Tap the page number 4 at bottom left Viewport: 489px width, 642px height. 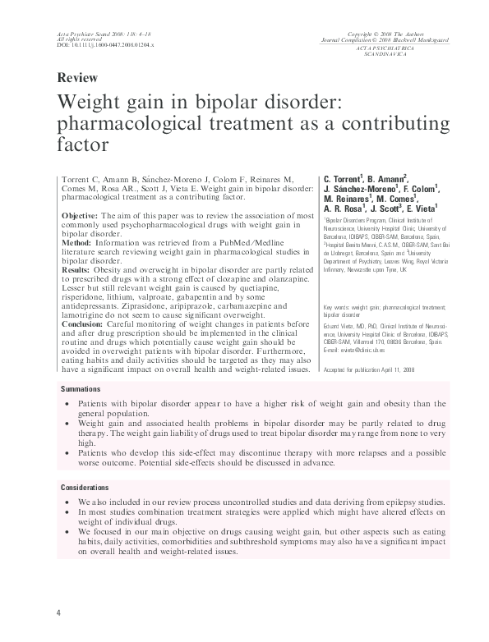tap(58, 613)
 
